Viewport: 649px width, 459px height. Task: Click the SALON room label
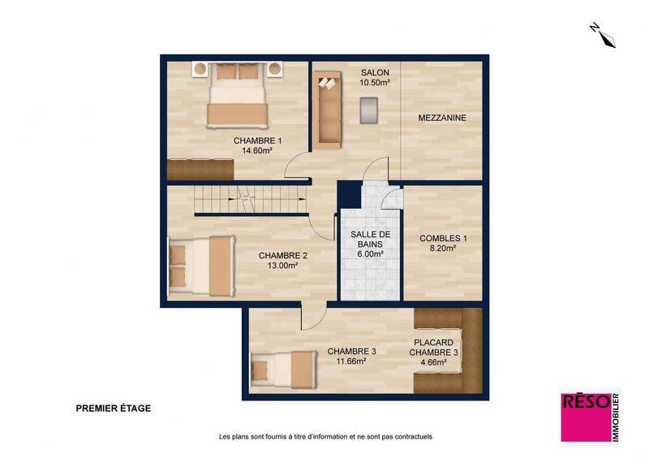tap(375, 72)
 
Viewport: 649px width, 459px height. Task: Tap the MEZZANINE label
tap(442, 118)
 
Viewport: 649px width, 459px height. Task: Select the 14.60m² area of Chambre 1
tap(256, 150)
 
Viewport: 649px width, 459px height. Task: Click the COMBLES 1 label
tap(443, 238)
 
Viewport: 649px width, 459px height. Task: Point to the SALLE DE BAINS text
tap(370, 239)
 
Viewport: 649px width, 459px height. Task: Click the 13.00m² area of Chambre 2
tap(282, 265)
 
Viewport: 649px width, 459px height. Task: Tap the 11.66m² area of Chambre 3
tap(351, 362)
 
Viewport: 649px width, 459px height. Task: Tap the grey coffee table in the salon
tap(368, 110)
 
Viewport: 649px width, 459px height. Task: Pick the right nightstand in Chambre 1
tap(275, 68)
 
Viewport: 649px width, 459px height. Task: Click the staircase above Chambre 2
tap(251, 199)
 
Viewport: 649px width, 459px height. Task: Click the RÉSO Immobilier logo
tap(590, 417)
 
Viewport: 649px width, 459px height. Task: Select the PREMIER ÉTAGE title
tap(113, 409)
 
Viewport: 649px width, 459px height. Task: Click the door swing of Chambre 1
tap(295, 167)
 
